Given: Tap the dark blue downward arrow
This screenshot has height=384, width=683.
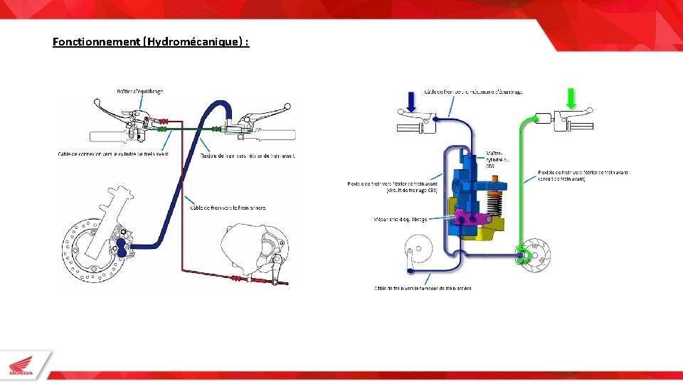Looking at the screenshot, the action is (410, 100).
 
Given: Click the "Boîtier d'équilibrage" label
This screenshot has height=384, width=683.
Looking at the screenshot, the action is (140, 91).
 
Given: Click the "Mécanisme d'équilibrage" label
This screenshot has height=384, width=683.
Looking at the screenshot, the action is (401, 219).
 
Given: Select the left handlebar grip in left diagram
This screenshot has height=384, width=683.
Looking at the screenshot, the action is (107, 135).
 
